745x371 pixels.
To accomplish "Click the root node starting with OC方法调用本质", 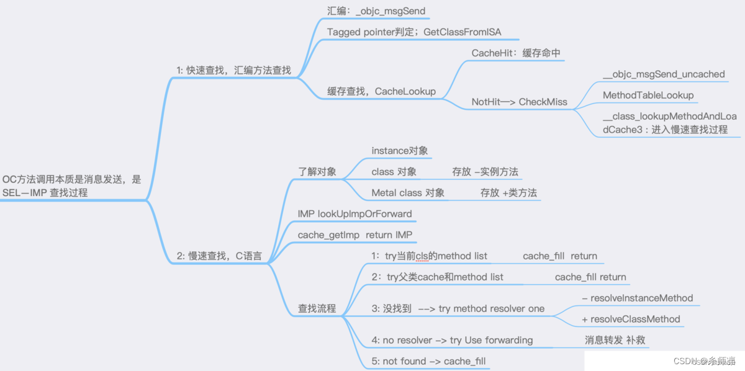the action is pos(71,186).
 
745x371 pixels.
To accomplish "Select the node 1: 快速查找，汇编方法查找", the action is pos(233,71).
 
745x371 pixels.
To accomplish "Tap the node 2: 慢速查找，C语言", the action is pos(219,256).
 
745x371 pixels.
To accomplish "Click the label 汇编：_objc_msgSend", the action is pos(376,11).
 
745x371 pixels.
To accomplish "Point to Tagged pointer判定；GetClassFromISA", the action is pos(418,32).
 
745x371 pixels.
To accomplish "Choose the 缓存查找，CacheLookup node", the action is pos(381,91).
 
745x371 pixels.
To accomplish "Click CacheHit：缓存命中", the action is pos(515,53).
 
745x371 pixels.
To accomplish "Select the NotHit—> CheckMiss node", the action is pos(519,102).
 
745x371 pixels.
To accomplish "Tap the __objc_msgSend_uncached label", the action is pos(664,74).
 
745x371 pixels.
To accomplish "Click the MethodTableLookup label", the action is pos(648,96).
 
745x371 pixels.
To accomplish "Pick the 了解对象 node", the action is pos(317,172).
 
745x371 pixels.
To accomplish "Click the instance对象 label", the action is pos(400,151).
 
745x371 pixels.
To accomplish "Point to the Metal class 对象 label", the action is pos(408,193).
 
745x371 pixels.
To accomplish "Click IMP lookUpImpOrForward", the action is pos(354,214).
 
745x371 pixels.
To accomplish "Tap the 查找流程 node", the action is pos(317,308).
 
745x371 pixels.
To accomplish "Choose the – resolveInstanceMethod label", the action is pos(638,298).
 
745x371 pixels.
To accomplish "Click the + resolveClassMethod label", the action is pos(631,320).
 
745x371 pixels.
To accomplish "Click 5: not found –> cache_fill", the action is pos(430,361).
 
